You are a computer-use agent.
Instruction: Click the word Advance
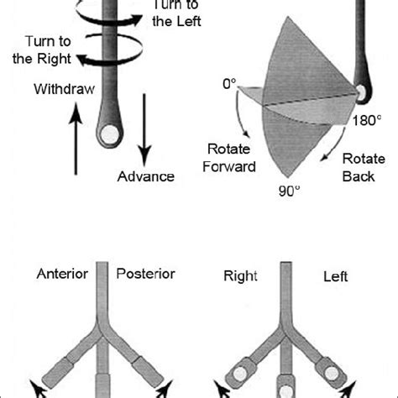tap(146, 176)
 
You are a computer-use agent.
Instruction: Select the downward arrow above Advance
tap(144, 126)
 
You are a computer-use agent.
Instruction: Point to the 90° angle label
tap(289, 191)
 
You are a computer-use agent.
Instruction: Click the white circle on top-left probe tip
tap(108, 133)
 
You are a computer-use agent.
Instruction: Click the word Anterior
tap(62, 275)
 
